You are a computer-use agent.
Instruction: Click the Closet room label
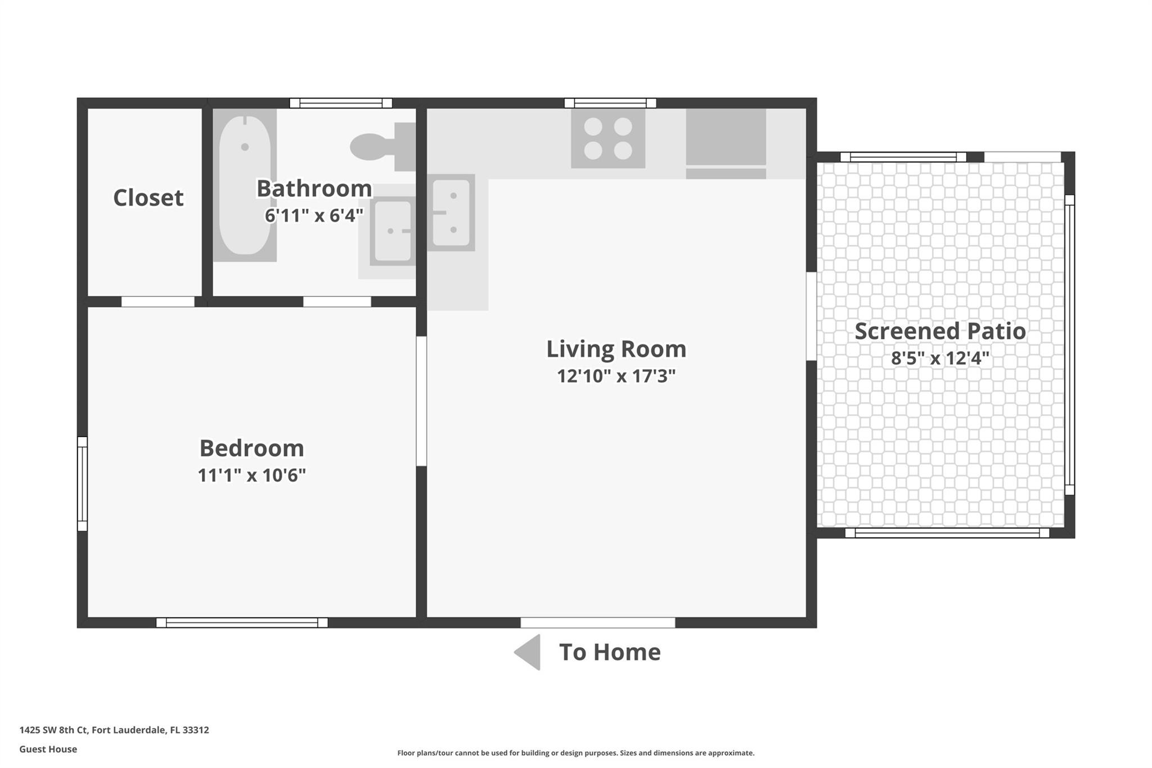148,197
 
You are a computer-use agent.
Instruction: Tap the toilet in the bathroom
382,147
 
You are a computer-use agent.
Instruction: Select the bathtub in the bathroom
245,185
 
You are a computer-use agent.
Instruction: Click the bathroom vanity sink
393,231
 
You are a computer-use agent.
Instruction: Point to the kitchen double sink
451,212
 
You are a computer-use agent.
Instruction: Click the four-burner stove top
608,138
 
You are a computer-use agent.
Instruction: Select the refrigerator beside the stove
726,143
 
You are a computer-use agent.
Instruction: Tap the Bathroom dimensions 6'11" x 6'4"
314,215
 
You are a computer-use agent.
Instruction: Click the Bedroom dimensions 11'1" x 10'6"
251,475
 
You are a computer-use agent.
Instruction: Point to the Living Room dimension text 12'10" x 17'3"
616,376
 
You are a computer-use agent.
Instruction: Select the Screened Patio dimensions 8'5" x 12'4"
940,358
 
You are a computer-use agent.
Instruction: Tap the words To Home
610,652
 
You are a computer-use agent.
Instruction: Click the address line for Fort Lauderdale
114,730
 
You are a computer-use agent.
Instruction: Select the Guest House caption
48,749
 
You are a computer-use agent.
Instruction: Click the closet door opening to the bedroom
158,302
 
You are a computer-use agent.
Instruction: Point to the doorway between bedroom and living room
421,401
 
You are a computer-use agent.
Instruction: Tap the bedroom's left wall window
82,484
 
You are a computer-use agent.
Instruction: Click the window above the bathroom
341,103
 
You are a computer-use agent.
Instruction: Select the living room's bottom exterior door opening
598,622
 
